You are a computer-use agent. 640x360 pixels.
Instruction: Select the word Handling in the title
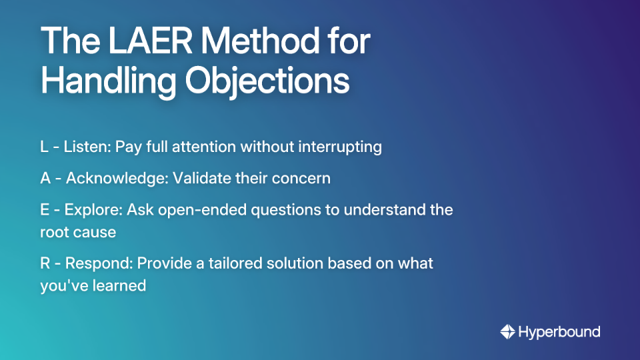click(108, 82)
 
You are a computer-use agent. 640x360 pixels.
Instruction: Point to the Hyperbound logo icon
click(508, 331)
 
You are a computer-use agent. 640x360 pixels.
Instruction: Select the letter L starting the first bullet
click(44, 147)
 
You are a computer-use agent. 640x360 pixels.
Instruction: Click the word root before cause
click(53, 232)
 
